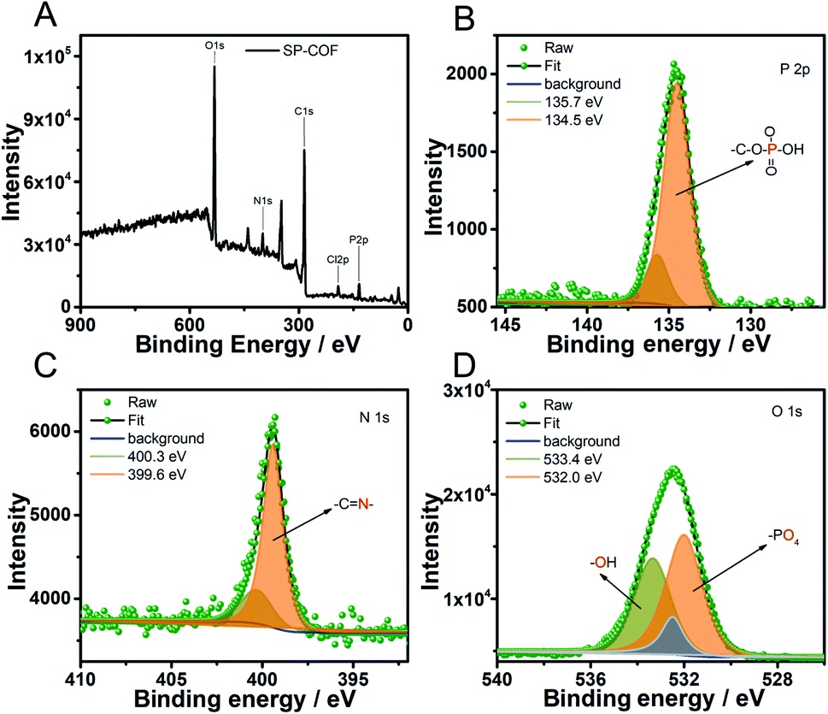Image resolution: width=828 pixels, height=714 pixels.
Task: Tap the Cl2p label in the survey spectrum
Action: pos(337,257)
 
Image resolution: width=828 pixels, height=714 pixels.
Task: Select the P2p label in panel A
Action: pos(359,240)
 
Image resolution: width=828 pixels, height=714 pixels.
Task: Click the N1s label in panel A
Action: pos(263,202)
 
